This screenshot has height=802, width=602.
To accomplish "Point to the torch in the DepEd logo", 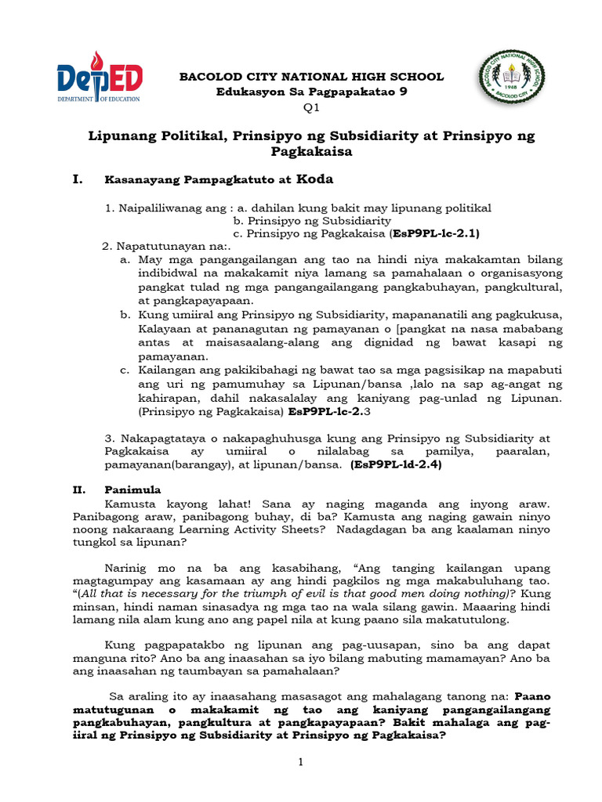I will click(x=96, y=65).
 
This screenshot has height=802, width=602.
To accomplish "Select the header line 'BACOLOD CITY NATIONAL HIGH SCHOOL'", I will click(x=312, y=77).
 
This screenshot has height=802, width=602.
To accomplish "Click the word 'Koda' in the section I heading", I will click(x=314, y=179).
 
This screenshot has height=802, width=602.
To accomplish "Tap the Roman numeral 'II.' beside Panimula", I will click(x=78, y=490).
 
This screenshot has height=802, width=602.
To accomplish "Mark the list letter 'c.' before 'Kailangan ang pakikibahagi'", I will click(x=125, y=369).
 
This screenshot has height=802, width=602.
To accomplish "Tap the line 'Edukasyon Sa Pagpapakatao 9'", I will click(x=312, y=92).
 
